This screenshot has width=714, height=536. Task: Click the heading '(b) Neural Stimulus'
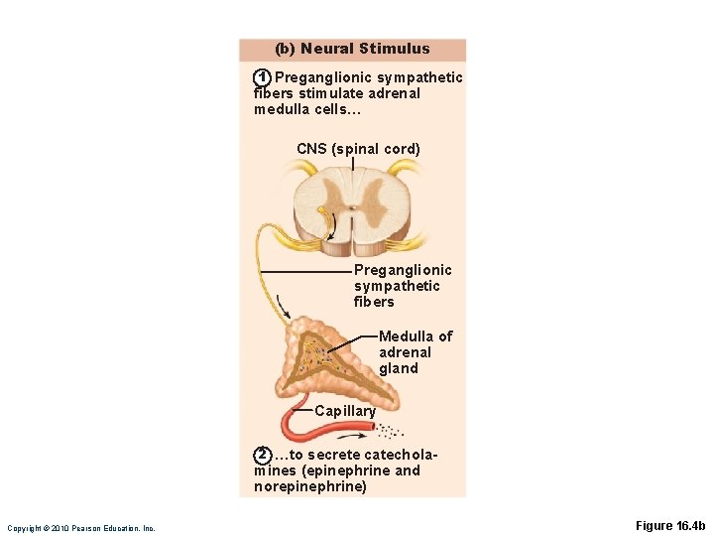[352, 49]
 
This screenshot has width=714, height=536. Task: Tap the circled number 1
[262, 77]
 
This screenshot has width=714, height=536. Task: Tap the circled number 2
[262, 455]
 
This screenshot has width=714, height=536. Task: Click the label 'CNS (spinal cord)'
[358, 149]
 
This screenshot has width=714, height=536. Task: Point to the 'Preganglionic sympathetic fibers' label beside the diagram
[402, 286]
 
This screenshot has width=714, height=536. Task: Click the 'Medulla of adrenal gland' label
[415, 352]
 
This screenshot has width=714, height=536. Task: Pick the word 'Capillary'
[345, 411]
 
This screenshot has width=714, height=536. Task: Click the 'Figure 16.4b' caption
[668, 526]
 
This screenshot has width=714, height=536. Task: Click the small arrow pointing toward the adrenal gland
[284, 305]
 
